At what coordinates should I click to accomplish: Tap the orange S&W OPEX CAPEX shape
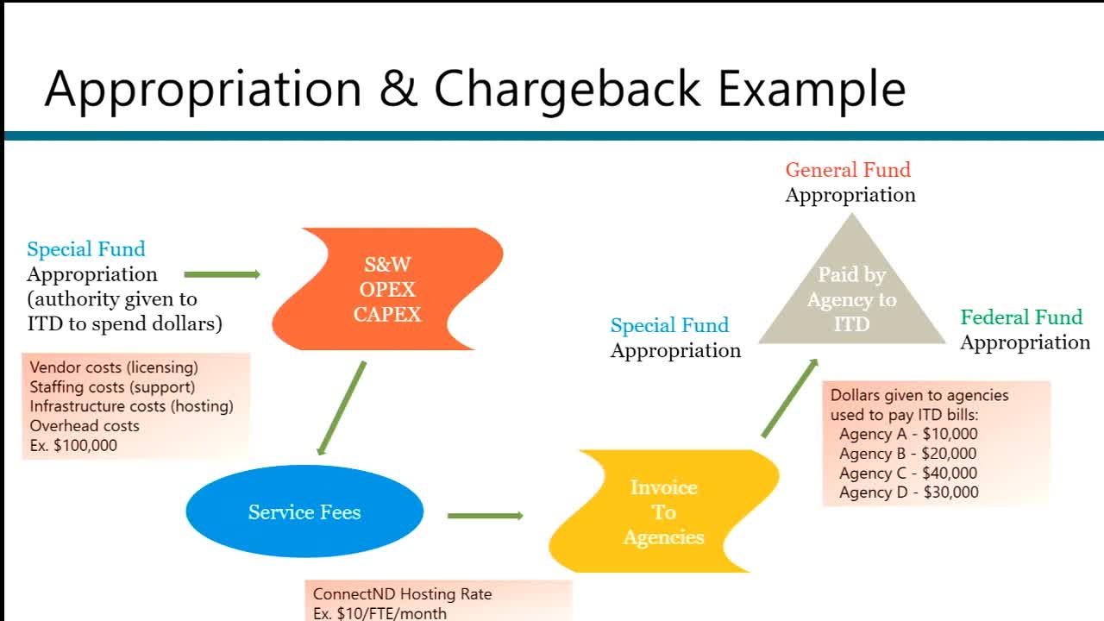click(388, 289)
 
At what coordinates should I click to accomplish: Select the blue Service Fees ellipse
click(304, 511)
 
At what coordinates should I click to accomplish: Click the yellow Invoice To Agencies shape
click(663, 511)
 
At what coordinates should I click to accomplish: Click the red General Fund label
click(848, 170)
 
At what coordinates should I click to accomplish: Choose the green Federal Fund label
click(1021, 317)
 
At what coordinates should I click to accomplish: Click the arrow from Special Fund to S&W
click(223, 274)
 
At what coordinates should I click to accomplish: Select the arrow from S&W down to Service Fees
click(342, 407)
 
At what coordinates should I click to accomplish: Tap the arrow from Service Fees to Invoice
click(486, 516)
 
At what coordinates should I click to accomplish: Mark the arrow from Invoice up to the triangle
click(790, 398)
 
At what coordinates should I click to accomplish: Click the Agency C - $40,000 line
click(908, 474)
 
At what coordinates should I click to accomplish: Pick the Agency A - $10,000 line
click(908, 434)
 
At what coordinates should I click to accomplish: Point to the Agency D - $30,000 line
click(908, 492)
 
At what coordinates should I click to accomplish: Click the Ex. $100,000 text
click(73, 445)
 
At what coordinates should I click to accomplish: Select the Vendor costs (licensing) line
click(114, 367)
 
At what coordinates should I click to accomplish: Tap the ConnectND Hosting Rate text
click(402, 594)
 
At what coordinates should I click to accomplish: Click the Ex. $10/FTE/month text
click(379, 613)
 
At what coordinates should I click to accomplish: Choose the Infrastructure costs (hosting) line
click(131, 406)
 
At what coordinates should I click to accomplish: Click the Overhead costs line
click(84, 426)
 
